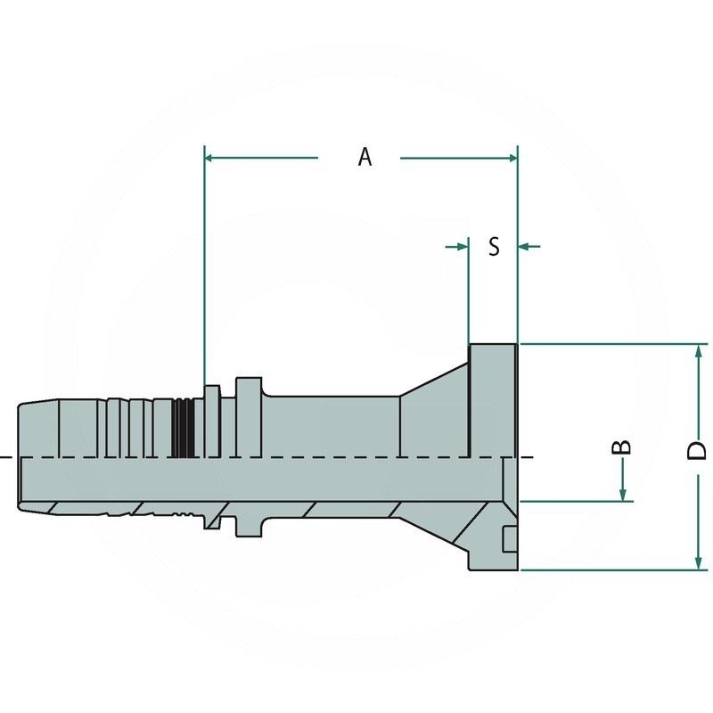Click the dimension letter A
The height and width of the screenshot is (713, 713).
[365, 157]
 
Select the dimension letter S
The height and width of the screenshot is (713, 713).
[494, 247]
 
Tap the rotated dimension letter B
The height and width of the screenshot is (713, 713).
[624, 447]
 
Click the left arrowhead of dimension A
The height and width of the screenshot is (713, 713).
[211, 158]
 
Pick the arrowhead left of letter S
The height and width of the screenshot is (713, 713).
[463, 246]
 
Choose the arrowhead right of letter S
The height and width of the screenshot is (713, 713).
[525, 246]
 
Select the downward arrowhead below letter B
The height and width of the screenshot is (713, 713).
[624, 494]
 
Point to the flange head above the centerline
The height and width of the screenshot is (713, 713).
[492, 401]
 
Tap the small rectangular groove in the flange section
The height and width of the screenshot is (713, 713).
[509, 539]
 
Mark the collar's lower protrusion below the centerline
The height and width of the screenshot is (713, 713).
[249, 526]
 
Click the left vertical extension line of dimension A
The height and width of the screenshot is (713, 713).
[205, 267]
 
